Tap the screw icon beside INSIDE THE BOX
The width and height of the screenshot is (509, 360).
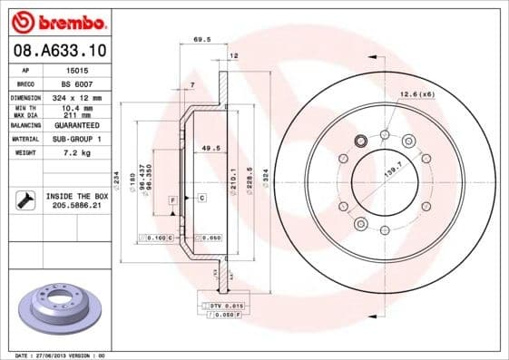click(24, 200)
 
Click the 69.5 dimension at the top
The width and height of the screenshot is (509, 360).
click(203, 40)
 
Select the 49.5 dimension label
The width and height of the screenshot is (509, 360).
click(210, 147)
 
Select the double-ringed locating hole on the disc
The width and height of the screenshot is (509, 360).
click(359, 141)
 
